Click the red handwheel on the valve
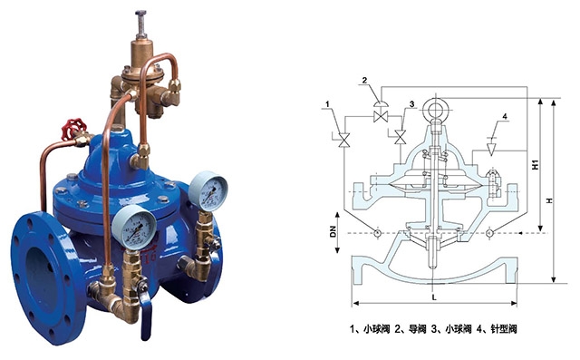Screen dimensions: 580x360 pyautogui.click(x=73, y=129)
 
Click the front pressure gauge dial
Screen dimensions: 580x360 pyautogui.click(x=135, y=227)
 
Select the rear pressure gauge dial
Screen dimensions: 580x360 pyautogui.click(x=208, y=191)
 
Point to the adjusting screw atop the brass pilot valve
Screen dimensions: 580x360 pyautogui.click(x=141, y=24)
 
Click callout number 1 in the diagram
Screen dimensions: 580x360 pyautogui.click(x=328, y=104)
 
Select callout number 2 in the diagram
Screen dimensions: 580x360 pyautogui.click(x=364, y=81)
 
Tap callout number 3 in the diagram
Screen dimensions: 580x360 pyautogui.click(x=411, y=104)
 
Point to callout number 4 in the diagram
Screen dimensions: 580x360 pyautogui.click(x=505, y=117)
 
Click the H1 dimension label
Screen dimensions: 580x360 pyautogui.click(x=536, y=165)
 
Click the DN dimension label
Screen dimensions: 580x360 pyautogui.click(x=333, y=232)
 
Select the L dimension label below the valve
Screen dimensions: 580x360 pyautogui.click(x=434, y=297)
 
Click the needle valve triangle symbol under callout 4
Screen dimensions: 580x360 pyautogui.click(x=491, y=149)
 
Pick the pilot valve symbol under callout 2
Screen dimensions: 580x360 pyautogui.click(x=380, y=112)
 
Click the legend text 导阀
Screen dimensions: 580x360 pyautogui.click(x=417, y=329)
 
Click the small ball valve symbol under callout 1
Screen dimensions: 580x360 pyautogui.click(x=344, y=140)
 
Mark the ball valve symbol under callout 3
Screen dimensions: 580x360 pyautogui.click(x=401, y=137)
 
